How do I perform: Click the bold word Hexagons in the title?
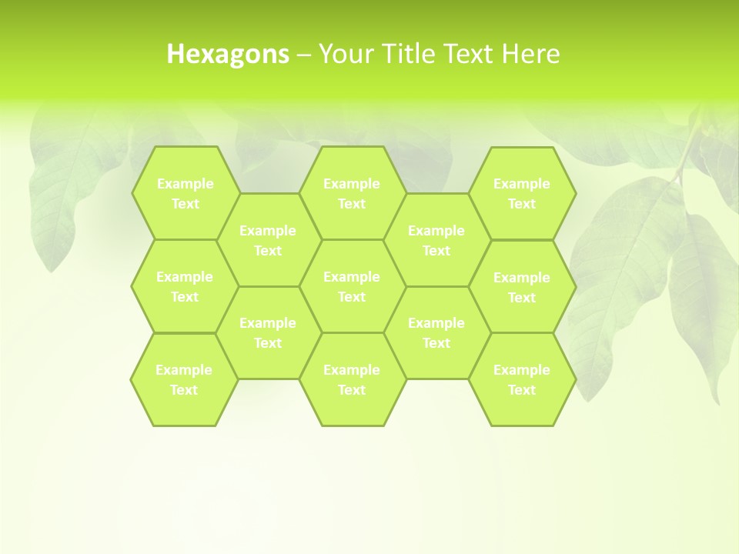pyautogui.click(x=228, y=54)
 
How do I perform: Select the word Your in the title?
pyautogui.click(x=343, y=54)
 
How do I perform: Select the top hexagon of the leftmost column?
pyautogui.click(x=185, y=193)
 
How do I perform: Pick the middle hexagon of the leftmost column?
pyautogui.click(x=185, y=286)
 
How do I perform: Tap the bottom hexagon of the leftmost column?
pyautogui.click(x=184, y=379)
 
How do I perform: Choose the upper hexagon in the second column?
pyautogui.click(x=268, y=240)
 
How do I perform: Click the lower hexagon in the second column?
pyautogui.click(x=268, y=332)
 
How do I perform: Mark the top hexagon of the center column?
pyautogui.click(x=352, y=193)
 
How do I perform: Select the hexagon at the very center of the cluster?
pyautogui.click(x=352, y=286)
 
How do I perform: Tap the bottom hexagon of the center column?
pyautogui.click(x=352, y=379)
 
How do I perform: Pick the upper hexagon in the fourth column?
pyautogui.click(x=436, y=240)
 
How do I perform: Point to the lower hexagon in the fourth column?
pyautogui.click(x=436, y=332)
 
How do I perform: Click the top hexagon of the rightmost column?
pyautogui.click(x=522, y=193)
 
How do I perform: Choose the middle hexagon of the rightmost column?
pyautogui.click(x=522, y=287)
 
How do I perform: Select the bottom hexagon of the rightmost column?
pyautogui.click(x=522, y=379)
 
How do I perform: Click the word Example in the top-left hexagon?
pyautogui.click(x=185, y=184)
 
